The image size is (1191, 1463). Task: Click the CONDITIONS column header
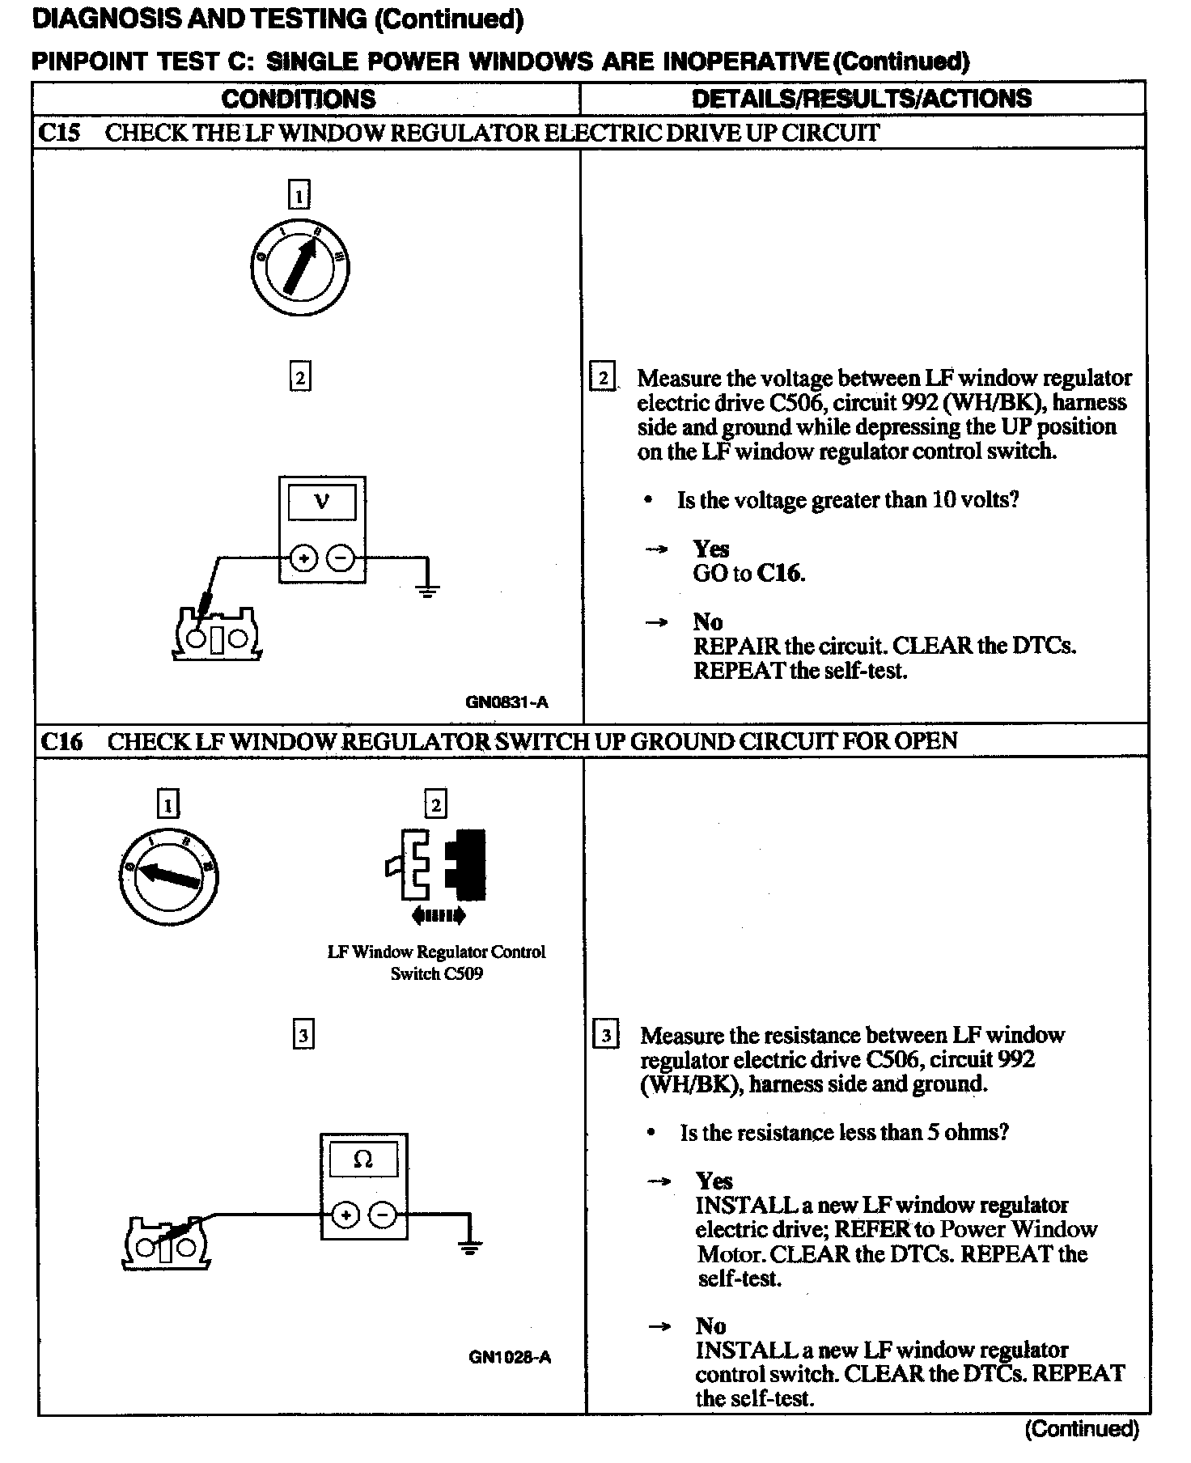299,99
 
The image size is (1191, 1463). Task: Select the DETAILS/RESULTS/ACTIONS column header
861,99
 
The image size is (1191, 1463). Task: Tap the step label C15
59,133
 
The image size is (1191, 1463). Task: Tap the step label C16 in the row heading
61,741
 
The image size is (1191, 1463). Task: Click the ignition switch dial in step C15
299,266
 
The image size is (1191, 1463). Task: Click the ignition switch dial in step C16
168,877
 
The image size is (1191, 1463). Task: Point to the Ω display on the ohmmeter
363,1160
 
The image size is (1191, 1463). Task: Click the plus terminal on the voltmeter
303,558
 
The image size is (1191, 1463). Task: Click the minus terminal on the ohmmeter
384,1215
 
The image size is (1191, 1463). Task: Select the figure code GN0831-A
506,702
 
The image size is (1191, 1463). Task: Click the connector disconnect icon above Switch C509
438,875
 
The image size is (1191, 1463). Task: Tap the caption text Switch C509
436,973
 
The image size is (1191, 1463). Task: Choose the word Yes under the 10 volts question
711,549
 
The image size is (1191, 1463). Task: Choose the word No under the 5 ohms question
710,1325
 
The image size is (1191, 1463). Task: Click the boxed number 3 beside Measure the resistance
605,1036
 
